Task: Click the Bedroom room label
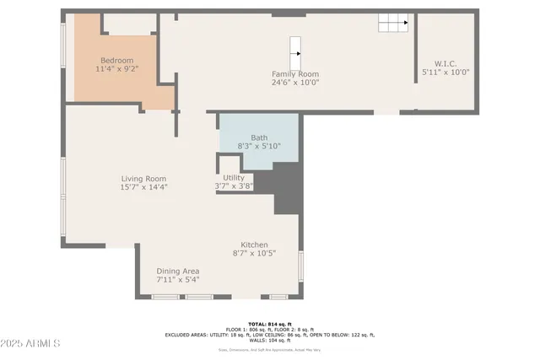117,61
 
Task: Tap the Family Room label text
295,74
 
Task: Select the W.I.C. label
445,63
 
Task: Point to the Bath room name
258,137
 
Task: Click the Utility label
234,178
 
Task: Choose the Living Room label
143,179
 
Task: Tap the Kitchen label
254,244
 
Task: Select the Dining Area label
177,271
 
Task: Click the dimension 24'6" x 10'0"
295,83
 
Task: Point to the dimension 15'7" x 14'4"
143,187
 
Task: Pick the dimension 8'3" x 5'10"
258,146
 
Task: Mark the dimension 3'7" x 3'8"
234,186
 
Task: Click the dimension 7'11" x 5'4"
177,279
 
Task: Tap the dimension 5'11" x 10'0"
445,73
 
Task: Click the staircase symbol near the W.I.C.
392,23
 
